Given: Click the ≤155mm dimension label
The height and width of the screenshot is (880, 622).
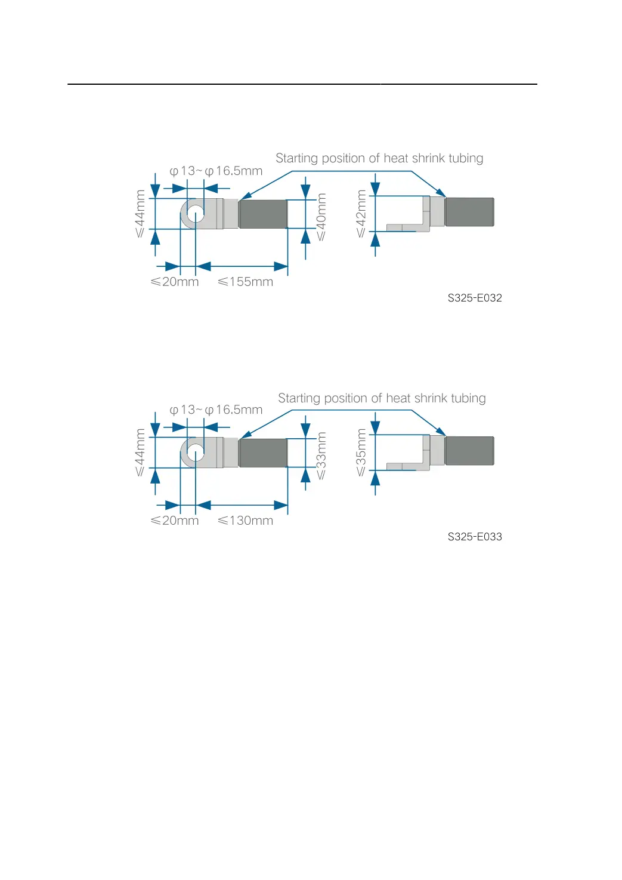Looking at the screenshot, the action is pyautogui.click(x=245, y=282).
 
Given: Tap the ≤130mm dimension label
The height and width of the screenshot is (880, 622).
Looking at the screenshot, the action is pyautogui.click(x=245, y=521).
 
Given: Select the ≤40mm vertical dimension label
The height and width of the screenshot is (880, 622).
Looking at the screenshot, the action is pyautogui.click(x=321, y=217).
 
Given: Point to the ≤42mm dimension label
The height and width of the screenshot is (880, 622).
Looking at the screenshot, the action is pyautogui.click(x=361, y=213).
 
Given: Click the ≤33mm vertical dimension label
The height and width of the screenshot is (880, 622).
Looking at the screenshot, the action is pyautogui.click(x=321, y=456).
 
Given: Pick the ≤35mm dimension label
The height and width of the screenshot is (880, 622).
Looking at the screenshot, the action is pyautogui.click(x=361, y=452).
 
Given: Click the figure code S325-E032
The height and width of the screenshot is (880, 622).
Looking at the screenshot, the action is pyautogui.click(x=475, y=298).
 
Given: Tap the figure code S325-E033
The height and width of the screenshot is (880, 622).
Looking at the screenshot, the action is pyautogui.click(x=475, y=537).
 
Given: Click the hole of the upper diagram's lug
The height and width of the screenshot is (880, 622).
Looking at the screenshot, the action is pyautogui.click(x=196, y=214).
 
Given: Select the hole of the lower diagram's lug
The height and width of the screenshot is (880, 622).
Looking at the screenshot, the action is pyautogui.click(x=196, y=453).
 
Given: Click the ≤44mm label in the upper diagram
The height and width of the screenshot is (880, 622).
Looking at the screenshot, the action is pyautogui.click(x=140, y=213).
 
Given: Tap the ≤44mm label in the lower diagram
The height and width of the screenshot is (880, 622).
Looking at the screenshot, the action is pyautogui.click(x=140, y=452).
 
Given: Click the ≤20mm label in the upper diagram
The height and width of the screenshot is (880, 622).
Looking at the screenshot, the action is pyautogui.click(x=175, y=282).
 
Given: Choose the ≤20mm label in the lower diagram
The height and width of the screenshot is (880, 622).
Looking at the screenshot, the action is pyautogui.click(x=175, y=521).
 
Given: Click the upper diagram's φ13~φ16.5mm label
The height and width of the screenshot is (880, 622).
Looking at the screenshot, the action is pyautogui.click(x=216, y=171).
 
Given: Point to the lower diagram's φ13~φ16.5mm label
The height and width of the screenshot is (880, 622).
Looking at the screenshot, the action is pyautogui.click(x=216, y=410).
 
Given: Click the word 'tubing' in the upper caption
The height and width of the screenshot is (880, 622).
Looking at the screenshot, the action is pyautogui.click(x=466, y=159).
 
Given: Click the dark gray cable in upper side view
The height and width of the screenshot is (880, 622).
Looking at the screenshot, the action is pyautogui.click(x=469, y=212).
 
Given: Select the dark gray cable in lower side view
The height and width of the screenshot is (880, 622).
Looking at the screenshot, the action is pyautogui.click(x=469, y=451).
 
